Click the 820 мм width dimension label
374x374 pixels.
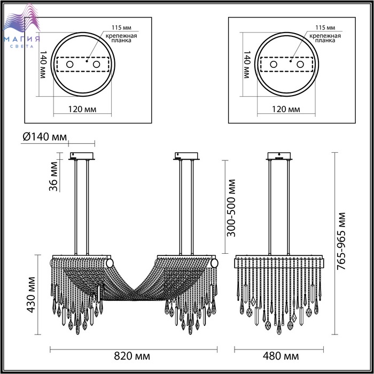click(x=132, y=356)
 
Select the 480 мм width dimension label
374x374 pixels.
click(x=280, y=356)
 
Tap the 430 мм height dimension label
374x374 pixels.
click(x=31, y=294)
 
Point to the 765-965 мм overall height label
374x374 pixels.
click(x=341, y=241)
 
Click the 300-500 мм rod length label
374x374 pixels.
click(x=231, y=208)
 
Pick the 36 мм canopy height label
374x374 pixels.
click(x=53, y=176)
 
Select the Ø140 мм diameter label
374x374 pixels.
click(x=44, y=137)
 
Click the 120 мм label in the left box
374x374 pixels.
click(x=82, y=109)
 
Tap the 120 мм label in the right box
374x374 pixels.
click(x=286, y=109)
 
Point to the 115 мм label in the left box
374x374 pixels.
click(x=121, y=28)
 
